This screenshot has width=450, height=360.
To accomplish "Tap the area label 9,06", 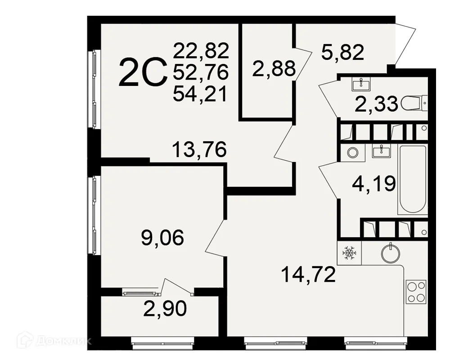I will [x=163, y=238].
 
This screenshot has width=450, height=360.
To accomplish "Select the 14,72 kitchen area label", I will [x=308, y=274].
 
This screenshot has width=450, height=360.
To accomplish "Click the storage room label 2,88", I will [x=274, y=69].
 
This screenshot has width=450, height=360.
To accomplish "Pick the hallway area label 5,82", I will [x=342, y=53].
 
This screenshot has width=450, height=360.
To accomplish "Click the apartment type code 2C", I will [x=143, y=74].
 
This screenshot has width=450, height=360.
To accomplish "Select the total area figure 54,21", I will [x=201, y=94].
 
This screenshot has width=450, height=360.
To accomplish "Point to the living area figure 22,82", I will [x=201, y=49].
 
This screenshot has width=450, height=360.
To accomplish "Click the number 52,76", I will [x=201, y=72].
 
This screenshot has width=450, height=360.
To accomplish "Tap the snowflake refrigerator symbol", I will [x=349, y=253].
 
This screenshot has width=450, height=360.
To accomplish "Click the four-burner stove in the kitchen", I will [x=416, y=292].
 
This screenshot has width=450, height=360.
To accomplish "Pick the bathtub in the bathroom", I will [x=413, y=180].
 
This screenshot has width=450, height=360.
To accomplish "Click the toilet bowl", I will [x=414, y=104].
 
